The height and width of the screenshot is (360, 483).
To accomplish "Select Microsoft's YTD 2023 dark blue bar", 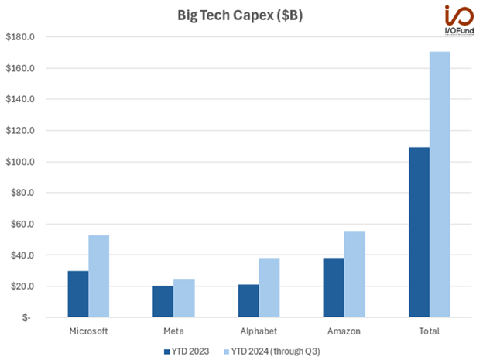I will pos(78,294).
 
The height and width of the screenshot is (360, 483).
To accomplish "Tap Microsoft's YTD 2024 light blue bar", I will pos(99,276).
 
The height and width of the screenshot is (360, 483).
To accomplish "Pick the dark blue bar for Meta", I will pos(163,302).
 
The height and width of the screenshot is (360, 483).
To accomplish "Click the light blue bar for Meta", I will pos(184,299).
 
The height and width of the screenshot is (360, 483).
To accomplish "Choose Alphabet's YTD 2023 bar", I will pos(248,301).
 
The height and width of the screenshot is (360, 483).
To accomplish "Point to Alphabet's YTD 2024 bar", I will pos(269,288).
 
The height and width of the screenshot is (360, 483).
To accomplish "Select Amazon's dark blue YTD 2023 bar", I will pos(334,288).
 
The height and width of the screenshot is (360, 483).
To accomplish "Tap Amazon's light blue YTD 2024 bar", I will pos(355,275).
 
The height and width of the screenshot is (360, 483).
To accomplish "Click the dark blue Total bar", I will pos(419,232).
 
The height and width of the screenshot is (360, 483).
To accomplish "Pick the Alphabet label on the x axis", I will pos(259,331).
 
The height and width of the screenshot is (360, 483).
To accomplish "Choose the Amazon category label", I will pos(344,331).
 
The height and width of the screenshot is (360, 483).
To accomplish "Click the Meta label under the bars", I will pos(173,331).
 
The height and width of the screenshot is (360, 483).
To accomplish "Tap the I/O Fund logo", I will pos(456,19).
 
